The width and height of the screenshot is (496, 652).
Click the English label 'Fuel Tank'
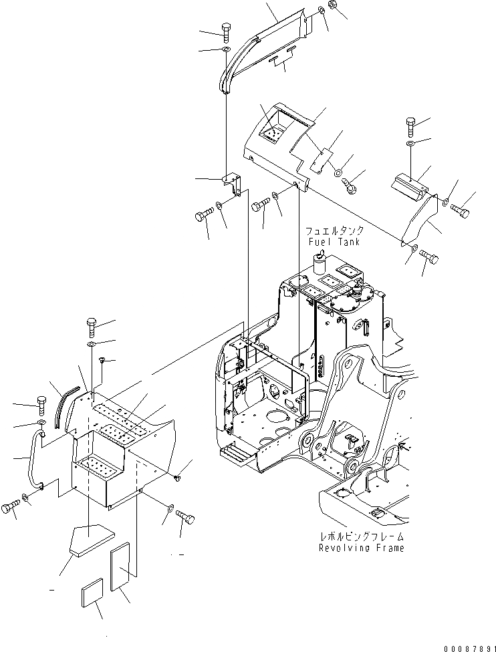332,241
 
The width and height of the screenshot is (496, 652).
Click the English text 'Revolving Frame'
362,548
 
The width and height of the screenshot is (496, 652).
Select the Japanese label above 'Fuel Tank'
332,230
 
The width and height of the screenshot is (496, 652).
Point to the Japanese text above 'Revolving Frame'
362,536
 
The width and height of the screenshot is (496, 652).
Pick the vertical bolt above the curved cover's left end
225,31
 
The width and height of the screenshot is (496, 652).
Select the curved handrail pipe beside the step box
31,461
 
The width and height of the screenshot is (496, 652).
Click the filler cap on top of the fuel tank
320,257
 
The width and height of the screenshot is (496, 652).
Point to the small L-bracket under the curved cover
232,184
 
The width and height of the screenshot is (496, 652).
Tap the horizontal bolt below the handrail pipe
10,508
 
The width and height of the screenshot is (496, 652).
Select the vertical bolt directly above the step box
92,328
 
